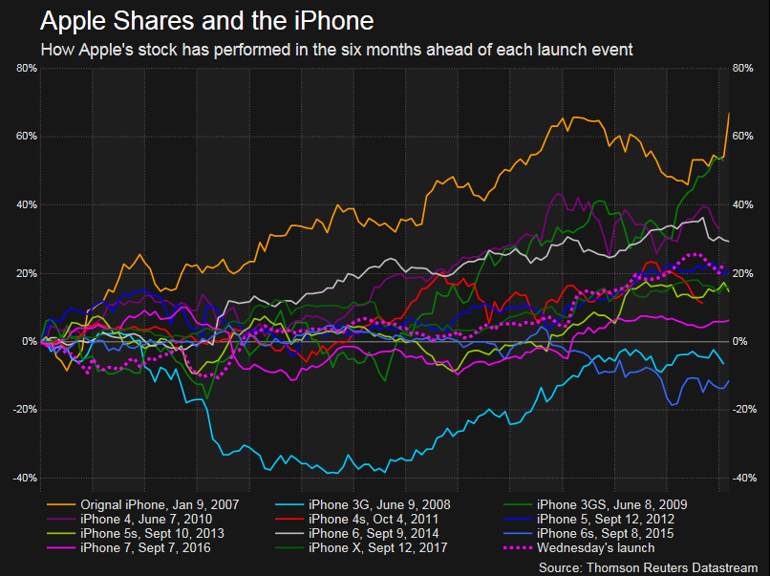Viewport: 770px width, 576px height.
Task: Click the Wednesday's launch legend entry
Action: (595, 547)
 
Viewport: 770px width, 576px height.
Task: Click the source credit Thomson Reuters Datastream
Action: (649, 566)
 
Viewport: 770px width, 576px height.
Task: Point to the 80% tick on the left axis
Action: (25, 68)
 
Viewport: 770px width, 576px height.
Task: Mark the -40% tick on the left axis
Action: (23, 478)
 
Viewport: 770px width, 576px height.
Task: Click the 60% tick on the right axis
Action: (744, 136)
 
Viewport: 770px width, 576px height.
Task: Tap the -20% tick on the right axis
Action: (746, 409)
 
